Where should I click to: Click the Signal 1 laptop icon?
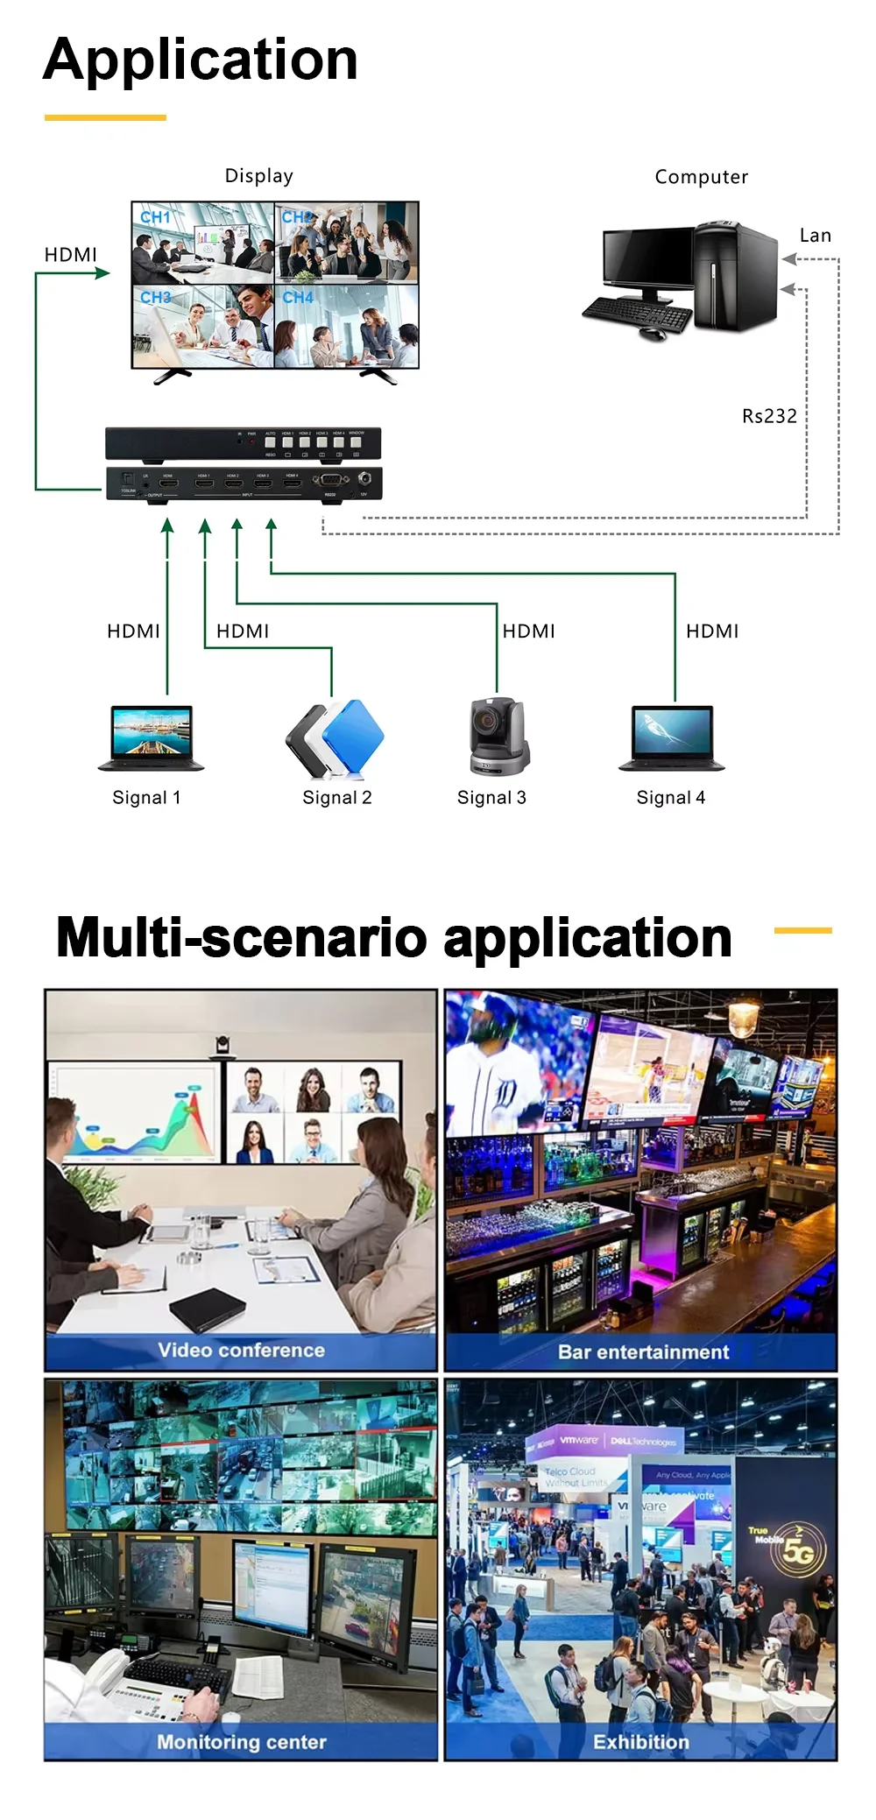pos(151,737)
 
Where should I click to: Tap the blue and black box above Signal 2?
pos(336,738)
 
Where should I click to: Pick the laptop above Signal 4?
pos(672,737)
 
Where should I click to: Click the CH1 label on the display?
pos(155,216)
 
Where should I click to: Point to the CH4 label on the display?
pos(298,298)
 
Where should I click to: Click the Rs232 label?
pos(769,416)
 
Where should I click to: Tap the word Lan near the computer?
pos(815,236)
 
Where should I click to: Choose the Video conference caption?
pos(241,1350)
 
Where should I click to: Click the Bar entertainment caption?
pos(643,1351)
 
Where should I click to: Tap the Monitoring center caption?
pos(241,1742)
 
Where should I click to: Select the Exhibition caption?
pos(640,1742)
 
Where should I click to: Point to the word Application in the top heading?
pos(201,60)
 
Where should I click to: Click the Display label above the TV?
pos(258,176)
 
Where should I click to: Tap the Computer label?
pos(701,177)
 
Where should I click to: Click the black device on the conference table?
pos(207,1309)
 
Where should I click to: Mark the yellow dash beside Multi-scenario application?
pos(802,930)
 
